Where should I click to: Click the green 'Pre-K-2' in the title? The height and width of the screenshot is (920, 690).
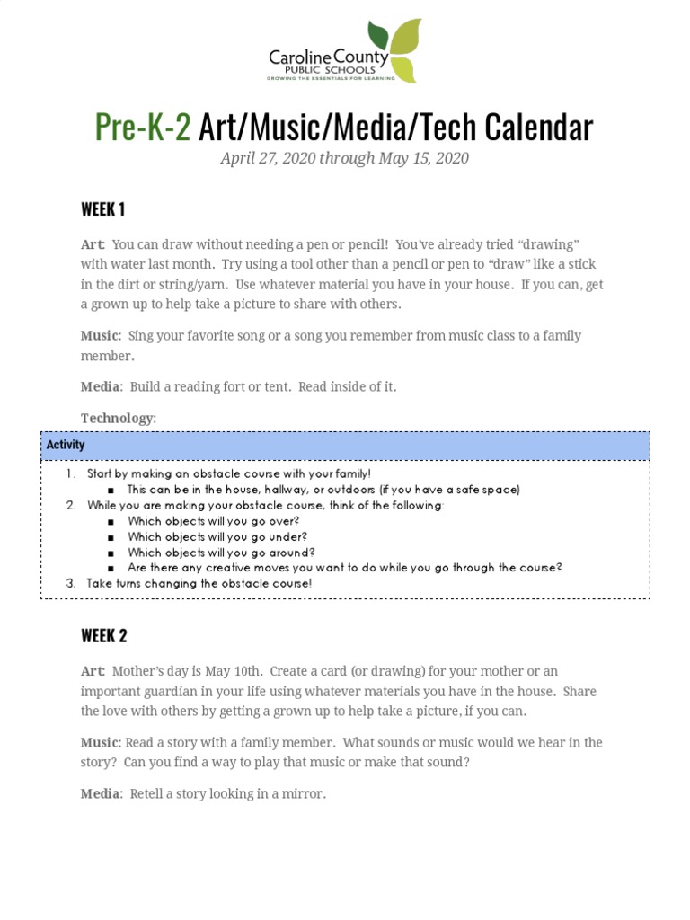[x=143, y=128]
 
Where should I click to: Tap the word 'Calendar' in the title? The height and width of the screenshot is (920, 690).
[x=539, y=128]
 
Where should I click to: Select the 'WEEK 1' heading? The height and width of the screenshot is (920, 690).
[x=103, y=209]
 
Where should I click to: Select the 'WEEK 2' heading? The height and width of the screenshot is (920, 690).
[x=104, y=635]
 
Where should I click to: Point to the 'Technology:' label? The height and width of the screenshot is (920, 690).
[x=119, y=418]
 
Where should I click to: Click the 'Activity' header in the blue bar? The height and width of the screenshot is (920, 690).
[x=66, y=445]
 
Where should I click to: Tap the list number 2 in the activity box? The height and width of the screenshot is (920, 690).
[x=71, y=506]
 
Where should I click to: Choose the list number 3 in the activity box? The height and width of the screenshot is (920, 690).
[x=71, y=583]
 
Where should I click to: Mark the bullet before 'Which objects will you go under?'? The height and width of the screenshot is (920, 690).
[x=111, y=537]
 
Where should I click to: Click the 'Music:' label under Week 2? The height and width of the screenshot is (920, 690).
[x=101, y=742]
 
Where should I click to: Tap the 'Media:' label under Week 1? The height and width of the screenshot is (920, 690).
[x=101, y=386]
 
